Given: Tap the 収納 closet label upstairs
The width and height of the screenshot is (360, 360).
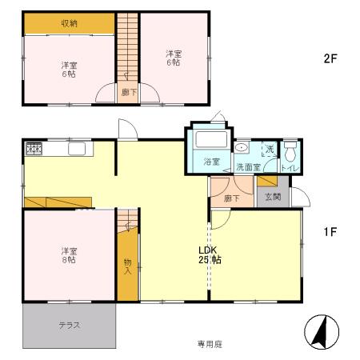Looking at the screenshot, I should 70,23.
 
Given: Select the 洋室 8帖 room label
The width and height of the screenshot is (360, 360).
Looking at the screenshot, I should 68,254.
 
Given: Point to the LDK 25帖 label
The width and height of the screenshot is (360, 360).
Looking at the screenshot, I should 210,254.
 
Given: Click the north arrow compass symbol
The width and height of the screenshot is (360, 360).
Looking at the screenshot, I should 321,332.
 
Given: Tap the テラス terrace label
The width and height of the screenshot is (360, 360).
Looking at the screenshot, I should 70,325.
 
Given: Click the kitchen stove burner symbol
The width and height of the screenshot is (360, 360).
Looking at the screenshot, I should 34,148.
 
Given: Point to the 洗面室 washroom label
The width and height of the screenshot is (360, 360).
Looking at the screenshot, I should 247,167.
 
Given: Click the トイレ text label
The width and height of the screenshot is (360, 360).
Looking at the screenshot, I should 290,168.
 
